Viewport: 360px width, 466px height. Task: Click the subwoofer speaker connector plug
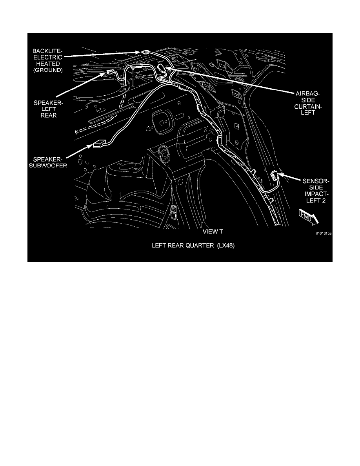point(98,145)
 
